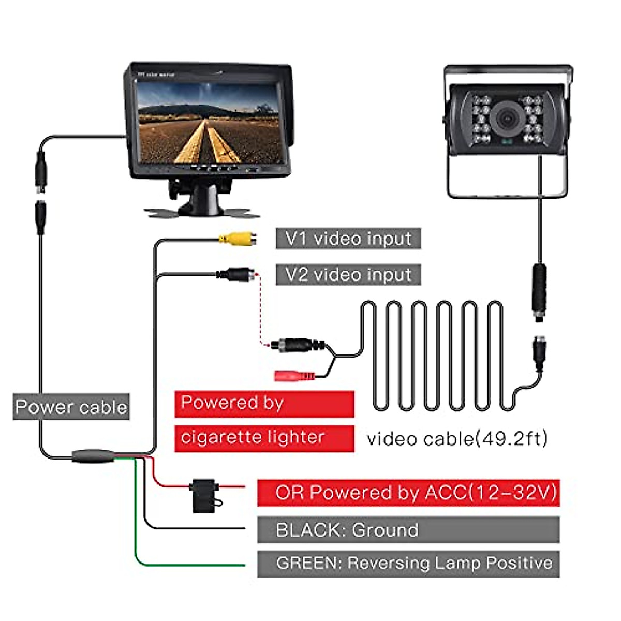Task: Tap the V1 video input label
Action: [x=348, y=239]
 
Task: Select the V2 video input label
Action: [x=348, y=274]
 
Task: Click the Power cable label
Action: [x=71, y=407]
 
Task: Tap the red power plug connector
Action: [x=294, y=376]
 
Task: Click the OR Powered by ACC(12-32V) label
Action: [x=408, y=492]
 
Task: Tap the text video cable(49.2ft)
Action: [x=457, y=439]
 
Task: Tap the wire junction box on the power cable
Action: [x=93, y=456]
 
